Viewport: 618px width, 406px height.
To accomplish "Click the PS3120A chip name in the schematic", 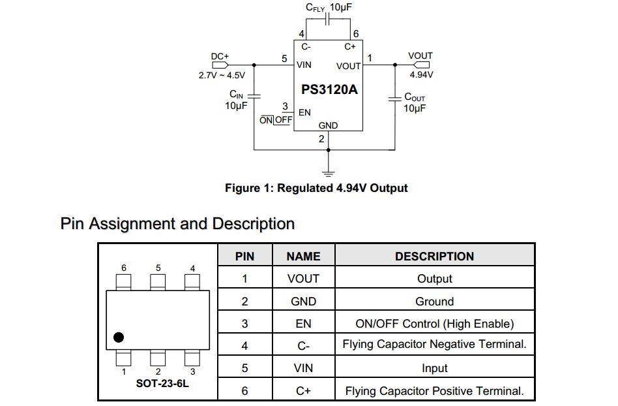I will [329, 90].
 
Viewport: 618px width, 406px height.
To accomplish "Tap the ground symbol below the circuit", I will [329, 173].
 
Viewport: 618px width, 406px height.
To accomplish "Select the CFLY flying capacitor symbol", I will [329, 20].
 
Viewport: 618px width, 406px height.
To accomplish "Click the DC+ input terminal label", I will [220, 56].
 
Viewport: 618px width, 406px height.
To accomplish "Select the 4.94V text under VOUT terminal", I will [421, 74].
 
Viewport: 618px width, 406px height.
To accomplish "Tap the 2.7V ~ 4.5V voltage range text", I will [222, 75].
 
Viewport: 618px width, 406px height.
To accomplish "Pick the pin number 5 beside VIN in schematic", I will [284, 59].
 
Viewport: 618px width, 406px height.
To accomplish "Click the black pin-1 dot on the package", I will [118, 337].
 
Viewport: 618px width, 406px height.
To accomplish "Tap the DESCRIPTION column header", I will [434, 257].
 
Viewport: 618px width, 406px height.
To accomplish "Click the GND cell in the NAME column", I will [303, 302].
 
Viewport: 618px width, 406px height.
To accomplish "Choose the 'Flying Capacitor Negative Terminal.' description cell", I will [434, 344].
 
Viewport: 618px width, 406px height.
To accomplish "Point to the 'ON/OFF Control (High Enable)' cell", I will [434, 324].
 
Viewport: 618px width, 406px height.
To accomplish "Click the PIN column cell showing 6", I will [244, 391].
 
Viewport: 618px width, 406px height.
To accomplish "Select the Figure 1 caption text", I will [316, 188].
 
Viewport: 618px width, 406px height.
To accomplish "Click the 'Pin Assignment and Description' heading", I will [177, 224].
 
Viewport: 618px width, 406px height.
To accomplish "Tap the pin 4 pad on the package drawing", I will [192, 282].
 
